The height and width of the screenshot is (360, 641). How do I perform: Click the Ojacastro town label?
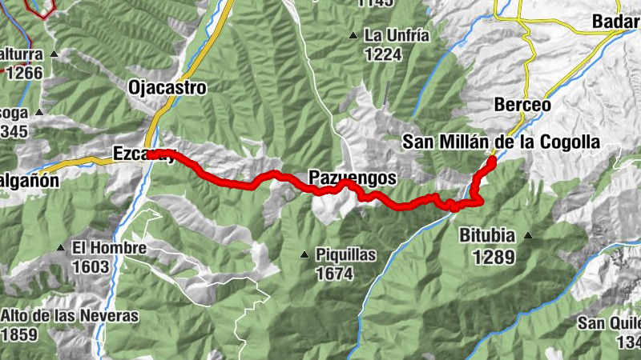coord(167,87)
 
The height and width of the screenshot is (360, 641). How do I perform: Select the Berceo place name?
coord(522,105)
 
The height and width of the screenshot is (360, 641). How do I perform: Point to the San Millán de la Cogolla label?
coord(501,142)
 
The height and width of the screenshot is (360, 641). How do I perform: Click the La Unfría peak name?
coord(397,35)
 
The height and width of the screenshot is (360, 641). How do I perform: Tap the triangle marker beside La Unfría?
coord(353,35)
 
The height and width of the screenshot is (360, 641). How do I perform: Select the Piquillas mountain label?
coord(346,255)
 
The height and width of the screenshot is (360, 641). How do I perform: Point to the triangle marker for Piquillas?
coord(304,255)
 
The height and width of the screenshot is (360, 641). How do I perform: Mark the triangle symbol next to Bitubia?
coord(527,235)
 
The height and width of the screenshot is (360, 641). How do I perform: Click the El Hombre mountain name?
coord(109,248)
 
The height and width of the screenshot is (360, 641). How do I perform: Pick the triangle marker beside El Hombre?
coord(61,248)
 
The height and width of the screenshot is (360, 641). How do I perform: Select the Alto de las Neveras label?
coord(69,315)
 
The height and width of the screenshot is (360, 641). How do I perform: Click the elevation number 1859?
coord(19,334)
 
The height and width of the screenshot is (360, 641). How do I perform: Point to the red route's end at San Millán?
coord(491,160)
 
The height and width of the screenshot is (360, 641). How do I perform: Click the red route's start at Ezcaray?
coord(152,153)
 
